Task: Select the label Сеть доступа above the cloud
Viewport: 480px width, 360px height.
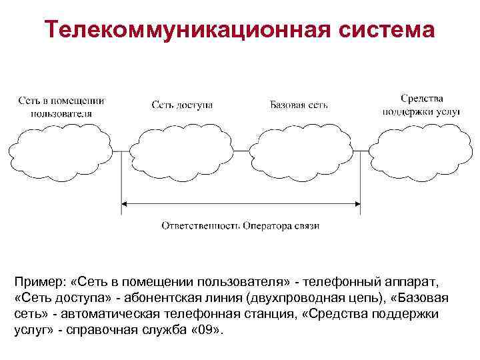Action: [182, 105]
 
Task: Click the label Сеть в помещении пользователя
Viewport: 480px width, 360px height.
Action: [61, 107]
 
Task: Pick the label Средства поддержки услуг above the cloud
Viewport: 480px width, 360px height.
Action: [421, 105]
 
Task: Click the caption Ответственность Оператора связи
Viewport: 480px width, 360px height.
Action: [240, 225]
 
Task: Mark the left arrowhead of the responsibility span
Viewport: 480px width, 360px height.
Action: [125, 204]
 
